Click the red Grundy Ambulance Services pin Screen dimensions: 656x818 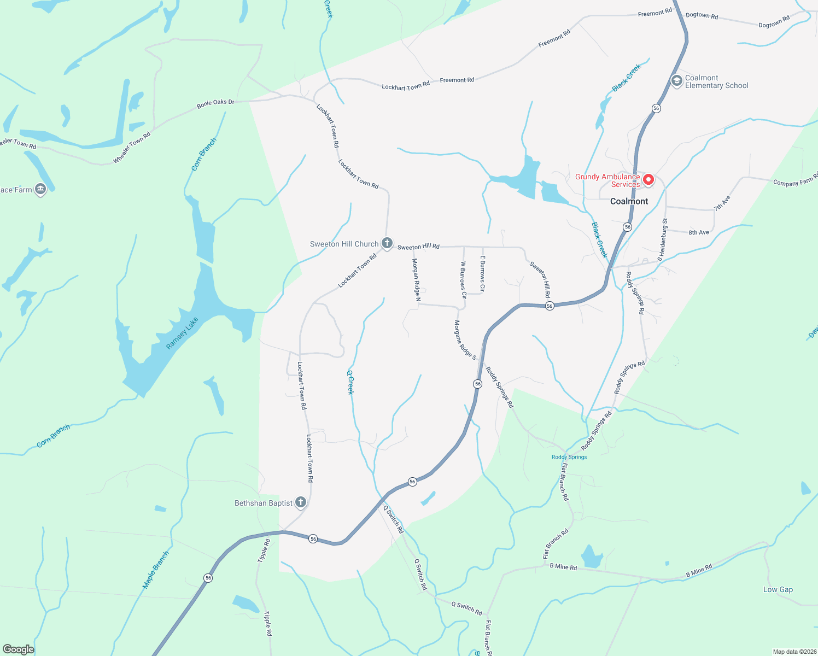pyautogui.click(x=648, y=179)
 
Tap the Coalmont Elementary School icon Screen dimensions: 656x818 pyautogui.click(x=676, y=81)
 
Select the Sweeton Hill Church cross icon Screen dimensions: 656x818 pyautogui.click(x=387, y=243)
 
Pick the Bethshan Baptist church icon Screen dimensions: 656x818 pyautogui.click(x=300, y=502)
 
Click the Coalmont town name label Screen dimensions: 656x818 pyautogui.click(x=629, y=201)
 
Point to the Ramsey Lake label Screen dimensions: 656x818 pyautogui.click(x=182, y=333)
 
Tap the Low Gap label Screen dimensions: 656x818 pyautogui.click(x=778, y=589)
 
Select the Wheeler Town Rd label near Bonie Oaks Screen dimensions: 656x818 pyautogui.click(x=132, y=148)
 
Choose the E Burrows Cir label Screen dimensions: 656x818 pyautogui.click(x=482, y=273)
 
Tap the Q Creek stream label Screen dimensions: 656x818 pyautogui.click(x=350, y=382)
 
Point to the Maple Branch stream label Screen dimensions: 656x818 pyautogui.click(x=156, y=570)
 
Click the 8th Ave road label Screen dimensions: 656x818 pyautogui.click(x=699, y=232)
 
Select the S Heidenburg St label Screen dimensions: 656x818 pyautogui.click(x=663, y=239)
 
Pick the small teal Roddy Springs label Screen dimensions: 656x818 pyautogui.click(x=569, y=457)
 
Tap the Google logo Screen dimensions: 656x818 pyautogui.click(x=18, y=649)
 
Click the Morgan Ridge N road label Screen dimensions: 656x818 pyautogui.click(x=416, y=280)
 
